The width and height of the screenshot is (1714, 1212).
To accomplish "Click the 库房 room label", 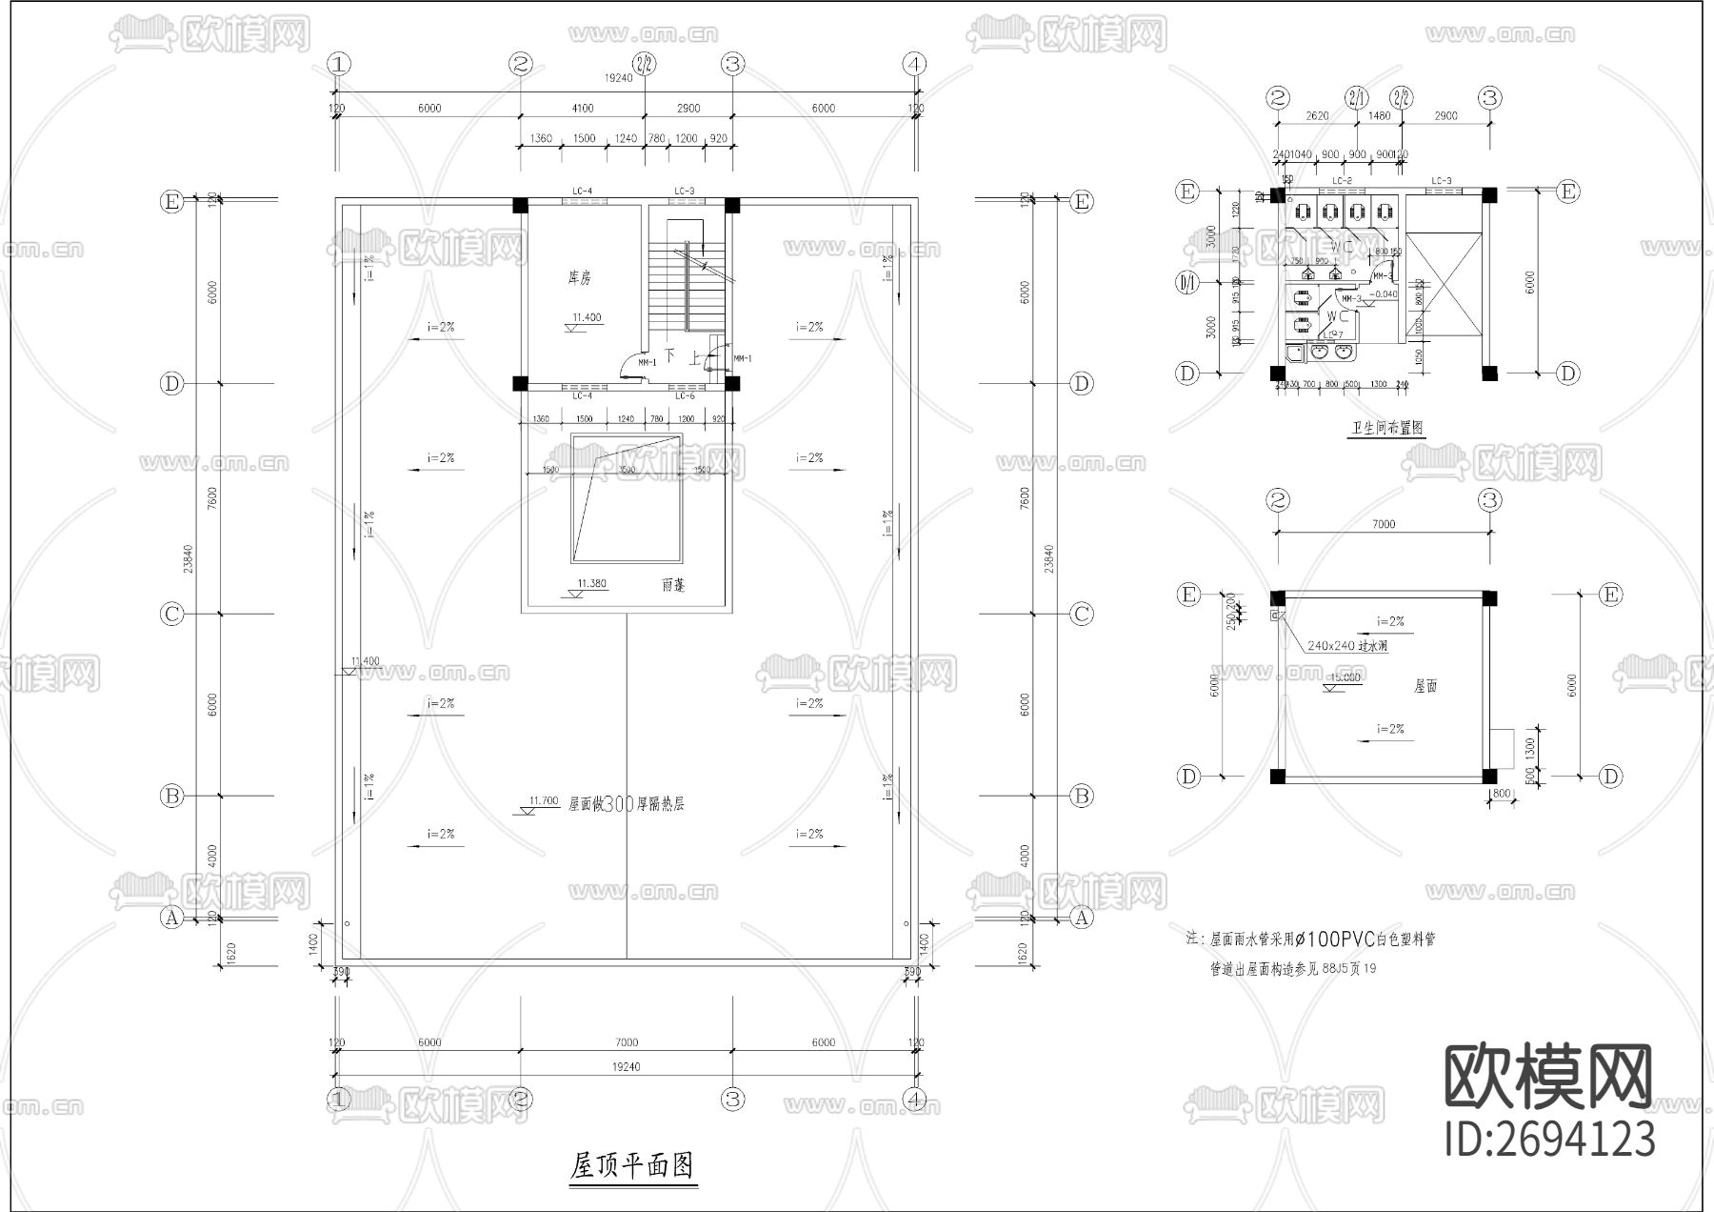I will pos(580,278).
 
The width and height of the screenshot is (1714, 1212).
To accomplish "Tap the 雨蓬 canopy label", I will pos(673,585).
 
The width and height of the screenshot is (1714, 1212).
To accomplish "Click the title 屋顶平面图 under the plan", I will pos(632,1165).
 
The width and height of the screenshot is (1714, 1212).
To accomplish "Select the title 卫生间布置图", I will pos(1386,428).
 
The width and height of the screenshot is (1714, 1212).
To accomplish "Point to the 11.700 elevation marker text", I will pos(544,801).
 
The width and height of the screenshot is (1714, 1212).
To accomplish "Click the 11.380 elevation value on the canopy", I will pos(591,584).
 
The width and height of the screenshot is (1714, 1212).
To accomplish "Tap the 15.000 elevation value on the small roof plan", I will pos(1345,677).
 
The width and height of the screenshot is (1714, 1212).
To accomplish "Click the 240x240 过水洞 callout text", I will pos(1347,646).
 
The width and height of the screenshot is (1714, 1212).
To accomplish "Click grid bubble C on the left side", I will pos(171,614).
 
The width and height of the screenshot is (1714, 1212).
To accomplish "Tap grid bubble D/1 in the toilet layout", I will pos(1187,282).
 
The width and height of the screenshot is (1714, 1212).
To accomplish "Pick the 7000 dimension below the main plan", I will pos(627,1042).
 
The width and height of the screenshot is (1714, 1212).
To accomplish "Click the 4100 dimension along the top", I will pos(583,109).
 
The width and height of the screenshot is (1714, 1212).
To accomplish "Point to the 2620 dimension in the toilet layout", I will pos(1317,116).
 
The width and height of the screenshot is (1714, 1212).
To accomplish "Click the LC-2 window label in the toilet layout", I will pos(1343,181).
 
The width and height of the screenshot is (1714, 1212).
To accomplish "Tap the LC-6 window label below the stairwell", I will pos(684,395).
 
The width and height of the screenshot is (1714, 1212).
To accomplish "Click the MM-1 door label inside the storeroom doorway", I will pos(648,363).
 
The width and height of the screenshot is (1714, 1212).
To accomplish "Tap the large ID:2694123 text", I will pos(1550,1140).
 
